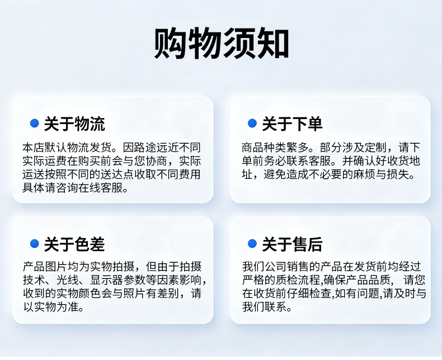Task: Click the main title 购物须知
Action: [x=222, y=43]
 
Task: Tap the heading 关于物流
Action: [x=74, y=124]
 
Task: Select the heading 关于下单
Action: [x=292, y=124]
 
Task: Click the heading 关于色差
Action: [x=74, y=244]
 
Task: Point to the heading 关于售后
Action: [x=292, y=244]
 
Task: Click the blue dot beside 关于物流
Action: [x=34, y=123]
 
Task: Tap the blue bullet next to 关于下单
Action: [x=252, y=123]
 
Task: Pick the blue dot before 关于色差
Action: [x=34, y=243]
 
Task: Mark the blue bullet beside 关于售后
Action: [x=252, y=243]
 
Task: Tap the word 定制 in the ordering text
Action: [x=376, y=148]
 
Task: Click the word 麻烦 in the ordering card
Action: [x=364, y=174]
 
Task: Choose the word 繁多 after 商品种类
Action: [x=298, y=148]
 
